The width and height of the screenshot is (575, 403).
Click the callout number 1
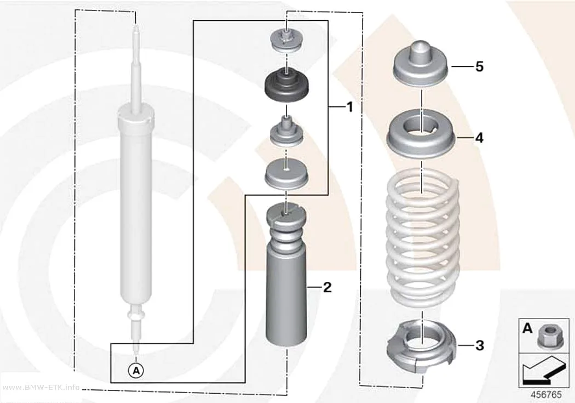coord(350,107)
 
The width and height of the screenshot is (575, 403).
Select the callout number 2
coord(327,287)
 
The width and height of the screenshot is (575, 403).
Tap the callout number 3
coord(480,345)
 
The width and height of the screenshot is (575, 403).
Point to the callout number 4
coord(479,138)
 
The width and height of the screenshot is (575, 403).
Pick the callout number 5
coord(479,67)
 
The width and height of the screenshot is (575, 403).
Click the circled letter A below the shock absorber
coord(136,371)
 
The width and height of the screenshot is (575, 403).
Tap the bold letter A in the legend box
coord(527,328)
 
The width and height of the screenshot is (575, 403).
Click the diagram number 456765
coord(546,395)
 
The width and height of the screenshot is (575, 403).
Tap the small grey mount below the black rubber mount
coord(286,131)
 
